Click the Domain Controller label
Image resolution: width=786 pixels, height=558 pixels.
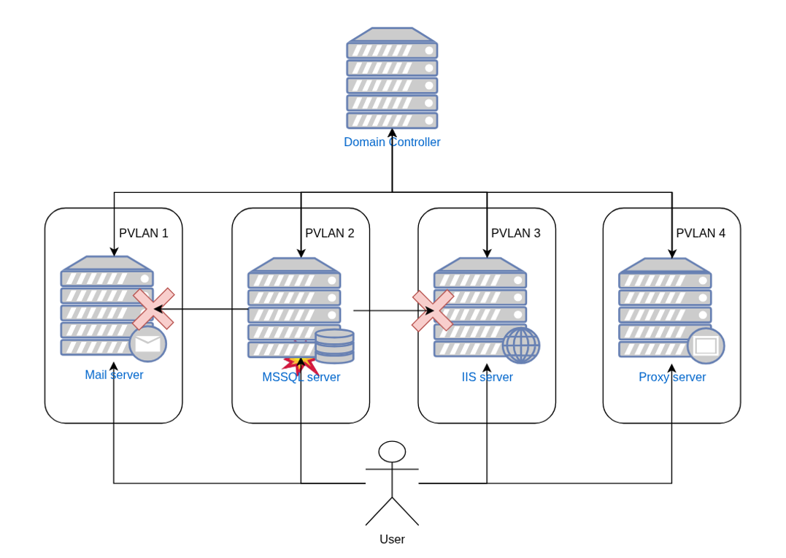392,142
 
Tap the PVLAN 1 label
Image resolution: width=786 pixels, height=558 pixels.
144,234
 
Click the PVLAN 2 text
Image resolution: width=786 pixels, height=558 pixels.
330,234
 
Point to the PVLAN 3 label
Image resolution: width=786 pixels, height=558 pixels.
516,234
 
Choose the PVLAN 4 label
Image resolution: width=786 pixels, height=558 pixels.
701,234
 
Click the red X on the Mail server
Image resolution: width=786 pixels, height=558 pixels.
153,309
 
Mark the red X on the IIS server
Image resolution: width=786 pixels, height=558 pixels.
433,310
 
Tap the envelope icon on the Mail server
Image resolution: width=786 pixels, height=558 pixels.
148,344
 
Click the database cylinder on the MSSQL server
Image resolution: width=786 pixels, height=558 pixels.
334,346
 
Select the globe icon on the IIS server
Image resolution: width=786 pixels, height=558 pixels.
521,345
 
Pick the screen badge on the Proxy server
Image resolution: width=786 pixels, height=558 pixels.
706,346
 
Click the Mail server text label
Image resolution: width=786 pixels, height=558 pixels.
114,375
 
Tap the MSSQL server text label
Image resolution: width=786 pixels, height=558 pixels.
301,378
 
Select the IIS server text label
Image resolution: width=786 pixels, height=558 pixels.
487,378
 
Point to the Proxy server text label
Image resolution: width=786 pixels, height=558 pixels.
672,378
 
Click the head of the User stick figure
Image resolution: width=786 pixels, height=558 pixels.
392,451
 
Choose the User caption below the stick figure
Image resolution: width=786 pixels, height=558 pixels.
392,540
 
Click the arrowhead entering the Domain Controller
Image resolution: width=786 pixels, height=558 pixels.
392,133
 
